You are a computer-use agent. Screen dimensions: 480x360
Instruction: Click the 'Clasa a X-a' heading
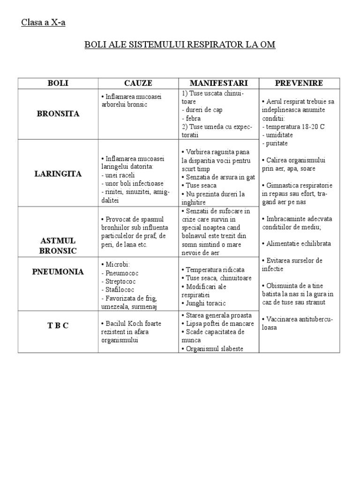(43, 23)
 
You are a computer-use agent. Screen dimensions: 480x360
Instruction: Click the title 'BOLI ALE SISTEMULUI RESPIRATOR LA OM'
(180, 45)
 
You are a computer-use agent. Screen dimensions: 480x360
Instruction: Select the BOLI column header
(58, 83)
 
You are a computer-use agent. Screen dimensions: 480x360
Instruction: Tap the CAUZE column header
(138, 83)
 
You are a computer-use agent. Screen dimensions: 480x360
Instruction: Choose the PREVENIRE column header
(299, 83)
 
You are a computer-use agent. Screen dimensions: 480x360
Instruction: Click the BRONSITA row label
(58, 114)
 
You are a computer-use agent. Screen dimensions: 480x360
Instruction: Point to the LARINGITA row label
(58, 173)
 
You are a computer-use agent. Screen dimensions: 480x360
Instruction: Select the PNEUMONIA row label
(58, 271)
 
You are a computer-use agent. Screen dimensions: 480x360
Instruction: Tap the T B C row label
(58, 325)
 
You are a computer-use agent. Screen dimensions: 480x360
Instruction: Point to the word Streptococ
(122, 281)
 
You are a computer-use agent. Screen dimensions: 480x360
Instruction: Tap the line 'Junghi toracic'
(206, 304)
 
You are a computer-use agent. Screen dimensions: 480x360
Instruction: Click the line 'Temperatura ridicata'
(215, 270)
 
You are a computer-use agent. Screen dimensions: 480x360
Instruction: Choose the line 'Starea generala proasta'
(218, 315)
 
